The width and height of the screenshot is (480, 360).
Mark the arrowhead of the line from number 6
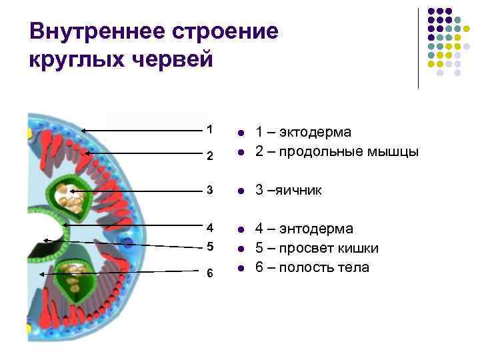coord(42,273)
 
